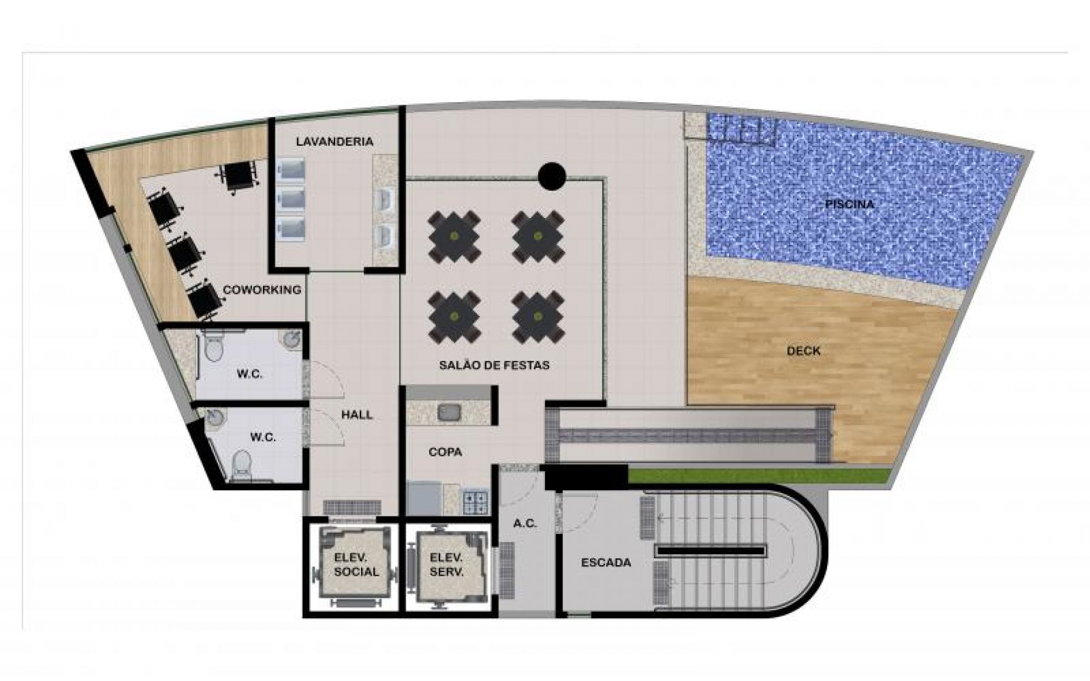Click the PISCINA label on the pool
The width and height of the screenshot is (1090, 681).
pos(849,204)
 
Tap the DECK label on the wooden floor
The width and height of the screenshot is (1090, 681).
pos(803,351)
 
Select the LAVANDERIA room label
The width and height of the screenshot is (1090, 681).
pos(334,141)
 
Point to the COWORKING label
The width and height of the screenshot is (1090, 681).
pos(262,290)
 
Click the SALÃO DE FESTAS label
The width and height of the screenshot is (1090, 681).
pos(494,365)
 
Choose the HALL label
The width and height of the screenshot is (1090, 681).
pos(357,415)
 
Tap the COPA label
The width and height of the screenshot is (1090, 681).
pos(445,452)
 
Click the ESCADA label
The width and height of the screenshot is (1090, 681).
pos(606,563)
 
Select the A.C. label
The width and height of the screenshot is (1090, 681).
pos(525,524)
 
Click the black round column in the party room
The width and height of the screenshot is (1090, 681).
pos(552,176)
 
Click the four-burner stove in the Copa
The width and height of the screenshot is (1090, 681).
pos(476,502)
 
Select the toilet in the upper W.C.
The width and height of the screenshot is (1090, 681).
pos(214,346)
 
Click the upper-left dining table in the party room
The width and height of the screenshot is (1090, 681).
pos(454,237)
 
